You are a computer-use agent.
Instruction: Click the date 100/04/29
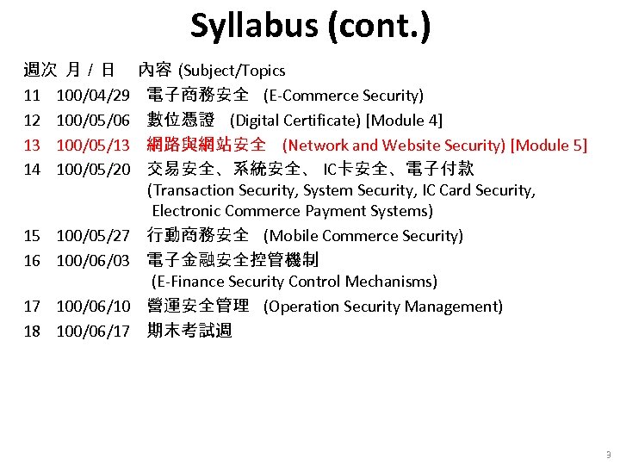click(93, 95)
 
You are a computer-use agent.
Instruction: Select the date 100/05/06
click(93, 120)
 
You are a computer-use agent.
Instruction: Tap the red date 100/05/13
click(93, 145)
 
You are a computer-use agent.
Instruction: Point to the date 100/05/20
click(93, 170)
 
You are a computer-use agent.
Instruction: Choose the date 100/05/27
click(93, 236)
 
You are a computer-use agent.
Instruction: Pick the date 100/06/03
click(93, 260)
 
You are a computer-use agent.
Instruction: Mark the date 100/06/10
click(93, 307)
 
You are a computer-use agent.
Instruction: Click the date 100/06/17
click(93, 332)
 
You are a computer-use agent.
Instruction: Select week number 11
click(32, 95)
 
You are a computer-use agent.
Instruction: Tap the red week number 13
click(32, 145)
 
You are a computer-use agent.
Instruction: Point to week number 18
click(32, 332)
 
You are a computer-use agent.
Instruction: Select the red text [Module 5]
click(549, 145)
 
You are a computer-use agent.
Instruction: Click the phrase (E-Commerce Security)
click(344, 95)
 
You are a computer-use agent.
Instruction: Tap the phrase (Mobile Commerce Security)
click(363, 236)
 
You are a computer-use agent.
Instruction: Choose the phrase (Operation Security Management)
click(383, 307)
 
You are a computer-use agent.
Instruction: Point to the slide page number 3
click(608, 455)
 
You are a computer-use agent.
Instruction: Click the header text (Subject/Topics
click(232, 71)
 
